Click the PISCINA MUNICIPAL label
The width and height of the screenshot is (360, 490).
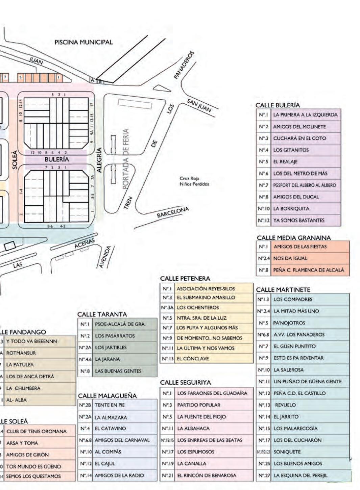83,42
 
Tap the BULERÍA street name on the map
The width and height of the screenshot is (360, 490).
57,159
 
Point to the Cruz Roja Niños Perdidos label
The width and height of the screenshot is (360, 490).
194,181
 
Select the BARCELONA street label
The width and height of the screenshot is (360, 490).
173,212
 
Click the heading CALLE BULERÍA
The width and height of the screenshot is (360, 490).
278,105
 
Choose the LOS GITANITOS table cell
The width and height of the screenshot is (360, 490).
291,150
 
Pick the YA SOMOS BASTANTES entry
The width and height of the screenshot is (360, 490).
299,220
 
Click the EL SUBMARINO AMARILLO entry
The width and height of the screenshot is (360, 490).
206,298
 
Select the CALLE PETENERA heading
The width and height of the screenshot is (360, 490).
185,279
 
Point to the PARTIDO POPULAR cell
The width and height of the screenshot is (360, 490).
199,405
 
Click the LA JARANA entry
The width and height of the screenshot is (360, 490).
107,359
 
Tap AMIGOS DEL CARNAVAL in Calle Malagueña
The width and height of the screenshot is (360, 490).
122,440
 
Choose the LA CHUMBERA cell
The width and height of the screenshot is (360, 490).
23,388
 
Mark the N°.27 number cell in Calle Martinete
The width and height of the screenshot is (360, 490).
264,475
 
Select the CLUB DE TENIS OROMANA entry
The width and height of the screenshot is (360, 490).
37,431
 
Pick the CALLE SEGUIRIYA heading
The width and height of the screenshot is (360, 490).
185,383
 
